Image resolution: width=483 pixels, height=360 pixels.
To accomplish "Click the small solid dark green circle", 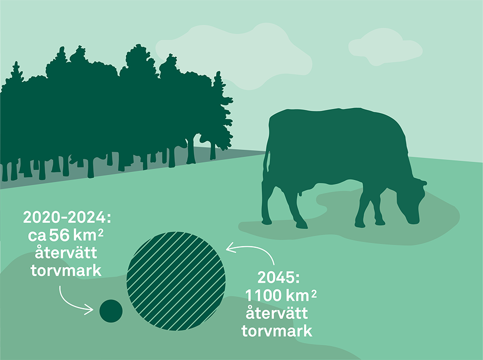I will (111, 310).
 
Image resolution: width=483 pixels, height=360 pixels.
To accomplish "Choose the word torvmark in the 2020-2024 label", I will (65, 271).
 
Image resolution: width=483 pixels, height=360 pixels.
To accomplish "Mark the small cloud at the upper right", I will (385, 46).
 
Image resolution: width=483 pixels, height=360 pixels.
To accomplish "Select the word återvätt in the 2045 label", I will (276, 313).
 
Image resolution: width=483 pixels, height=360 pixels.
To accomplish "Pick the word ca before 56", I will (38, 237).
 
